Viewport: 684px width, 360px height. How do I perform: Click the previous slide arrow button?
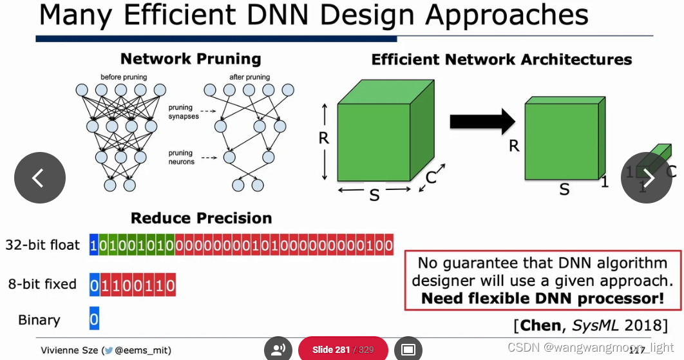point(40,178)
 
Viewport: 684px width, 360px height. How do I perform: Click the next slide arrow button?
point(646,178)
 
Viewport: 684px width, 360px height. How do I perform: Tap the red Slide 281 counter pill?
point(343,350)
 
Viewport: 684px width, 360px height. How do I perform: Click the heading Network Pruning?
point(191,59)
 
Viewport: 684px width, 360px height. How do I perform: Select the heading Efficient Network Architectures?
point(501,60)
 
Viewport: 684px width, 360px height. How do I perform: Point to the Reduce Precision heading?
point(201,218)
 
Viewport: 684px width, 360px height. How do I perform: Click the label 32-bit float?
point(43,245)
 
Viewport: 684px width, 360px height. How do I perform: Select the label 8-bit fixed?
point(43,284)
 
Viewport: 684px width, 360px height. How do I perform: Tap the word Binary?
point(39,320)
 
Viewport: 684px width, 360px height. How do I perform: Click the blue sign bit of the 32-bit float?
point(94,245)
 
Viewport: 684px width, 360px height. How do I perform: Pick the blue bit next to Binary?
point(94,319)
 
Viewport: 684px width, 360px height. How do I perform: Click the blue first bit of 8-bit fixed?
point(94,284)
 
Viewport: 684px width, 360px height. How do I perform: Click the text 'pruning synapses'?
point(184,112)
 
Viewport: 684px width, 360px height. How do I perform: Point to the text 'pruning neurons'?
point(181,157)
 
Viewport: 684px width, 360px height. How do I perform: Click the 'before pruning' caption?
point(124,77)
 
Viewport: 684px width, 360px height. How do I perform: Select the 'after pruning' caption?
point(249,77)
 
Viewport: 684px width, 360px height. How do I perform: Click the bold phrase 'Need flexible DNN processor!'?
point(542,298)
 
